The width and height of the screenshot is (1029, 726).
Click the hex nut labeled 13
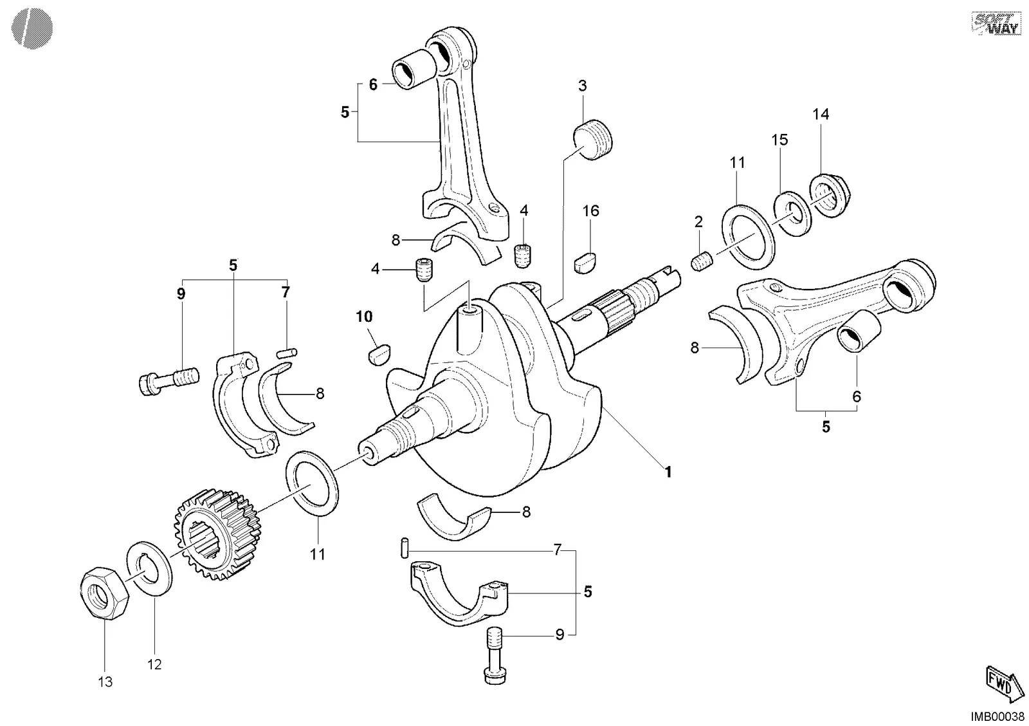[104, 593]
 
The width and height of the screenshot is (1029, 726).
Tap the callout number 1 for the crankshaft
[668, 472]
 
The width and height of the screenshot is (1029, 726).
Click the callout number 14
[821, 114]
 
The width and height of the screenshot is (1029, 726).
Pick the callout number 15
[779, 140]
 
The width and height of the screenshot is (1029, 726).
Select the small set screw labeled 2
[702, 261]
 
